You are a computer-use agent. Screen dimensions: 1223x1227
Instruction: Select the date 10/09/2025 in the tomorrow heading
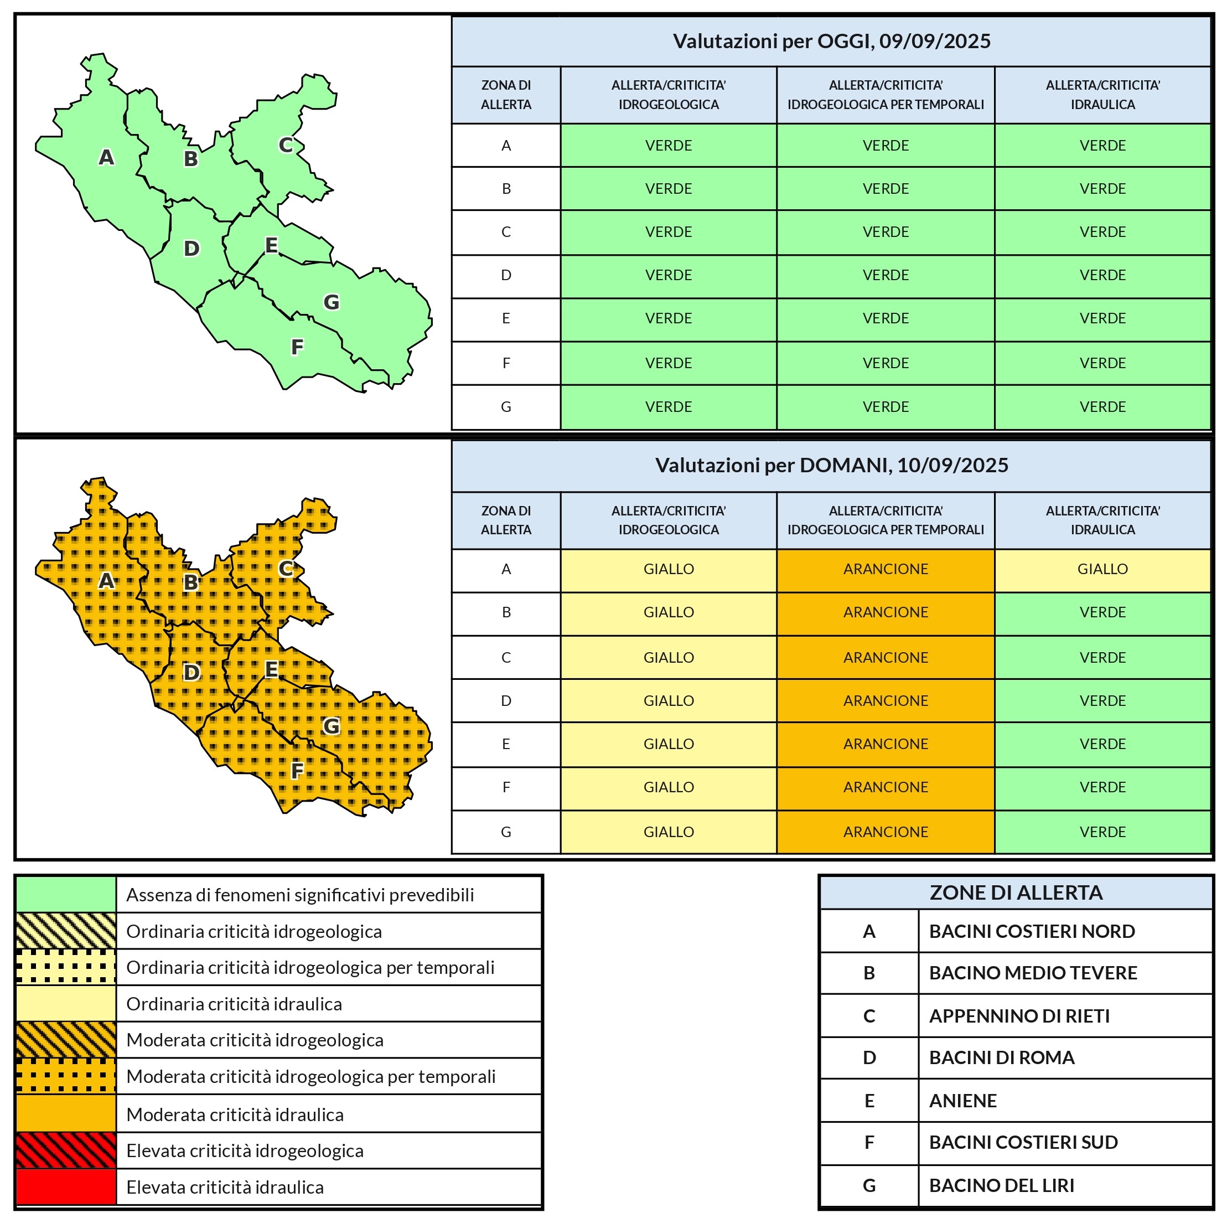952,465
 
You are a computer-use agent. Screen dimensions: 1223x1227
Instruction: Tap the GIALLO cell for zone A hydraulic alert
1102,569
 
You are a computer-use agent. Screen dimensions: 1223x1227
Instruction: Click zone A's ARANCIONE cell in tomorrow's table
886,569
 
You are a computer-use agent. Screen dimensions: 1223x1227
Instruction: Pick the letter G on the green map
331,302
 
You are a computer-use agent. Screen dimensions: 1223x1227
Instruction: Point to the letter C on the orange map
286,569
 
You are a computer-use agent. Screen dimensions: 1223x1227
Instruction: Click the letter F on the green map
297,347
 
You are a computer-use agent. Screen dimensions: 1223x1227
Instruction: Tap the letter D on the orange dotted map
191,672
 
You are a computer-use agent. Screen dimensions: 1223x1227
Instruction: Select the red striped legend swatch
66,1150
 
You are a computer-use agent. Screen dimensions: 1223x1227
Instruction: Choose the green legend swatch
66,894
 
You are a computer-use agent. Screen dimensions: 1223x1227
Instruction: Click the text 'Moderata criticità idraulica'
235,1114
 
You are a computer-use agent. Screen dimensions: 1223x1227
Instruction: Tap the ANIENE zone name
963,1101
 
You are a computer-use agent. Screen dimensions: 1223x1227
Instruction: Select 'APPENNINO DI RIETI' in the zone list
1019,1016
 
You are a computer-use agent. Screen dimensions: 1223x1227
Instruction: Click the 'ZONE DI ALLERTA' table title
1016,892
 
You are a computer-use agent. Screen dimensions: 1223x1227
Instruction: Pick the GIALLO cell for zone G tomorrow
668,832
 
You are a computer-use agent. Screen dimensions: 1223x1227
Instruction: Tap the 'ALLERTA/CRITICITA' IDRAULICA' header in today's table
1102,95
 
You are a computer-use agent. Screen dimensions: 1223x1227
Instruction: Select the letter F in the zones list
869,1142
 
